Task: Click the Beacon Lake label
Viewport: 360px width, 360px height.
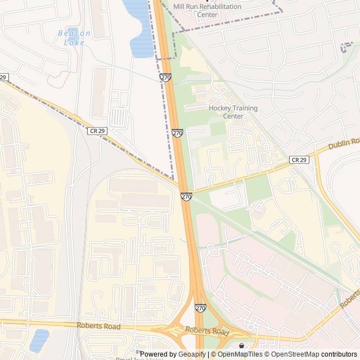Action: coord(74,38)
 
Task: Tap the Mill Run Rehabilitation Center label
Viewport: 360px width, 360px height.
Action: coord(207,10)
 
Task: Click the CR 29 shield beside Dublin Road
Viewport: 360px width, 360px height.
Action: coord(299,160)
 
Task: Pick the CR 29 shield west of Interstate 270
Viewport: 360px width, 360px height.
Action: coord(97,130)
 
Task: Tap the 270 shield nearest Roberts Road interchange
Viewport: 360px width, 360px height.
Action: coord(200,308)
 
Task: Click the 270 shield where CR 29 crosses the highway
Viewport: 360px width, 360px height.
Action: coord(186,196)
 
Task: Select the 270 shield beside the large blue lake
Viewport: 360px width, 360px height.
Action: coord(165,78)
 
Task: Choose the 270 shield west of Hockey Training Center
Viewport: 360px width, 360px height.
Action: coord(177,133)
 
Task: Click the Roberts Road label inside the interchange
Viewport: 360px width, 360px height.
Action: coord(208,331)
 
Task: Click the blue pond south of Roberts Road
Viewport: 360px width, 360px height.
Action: coord(39,339)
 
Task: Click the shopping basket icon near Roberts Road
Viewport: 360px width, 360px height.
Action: coord(242,345)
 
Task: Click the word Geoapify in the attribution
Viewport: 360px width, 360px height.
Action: coord(192,354)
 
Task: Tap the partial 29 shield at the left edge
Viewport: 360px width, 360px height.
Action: coord(3,77)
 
